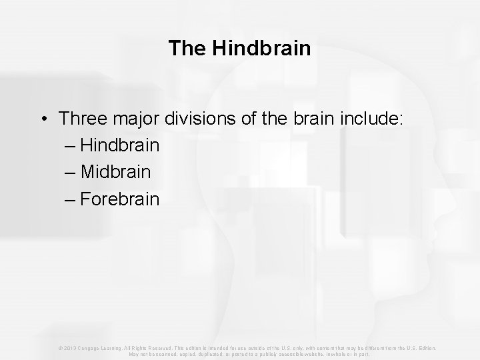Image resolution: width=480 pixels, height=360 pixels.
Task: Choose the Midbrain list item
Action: [116, 172]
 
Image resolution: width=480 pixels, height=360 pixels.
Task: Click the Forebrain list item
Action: [121, 199]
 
